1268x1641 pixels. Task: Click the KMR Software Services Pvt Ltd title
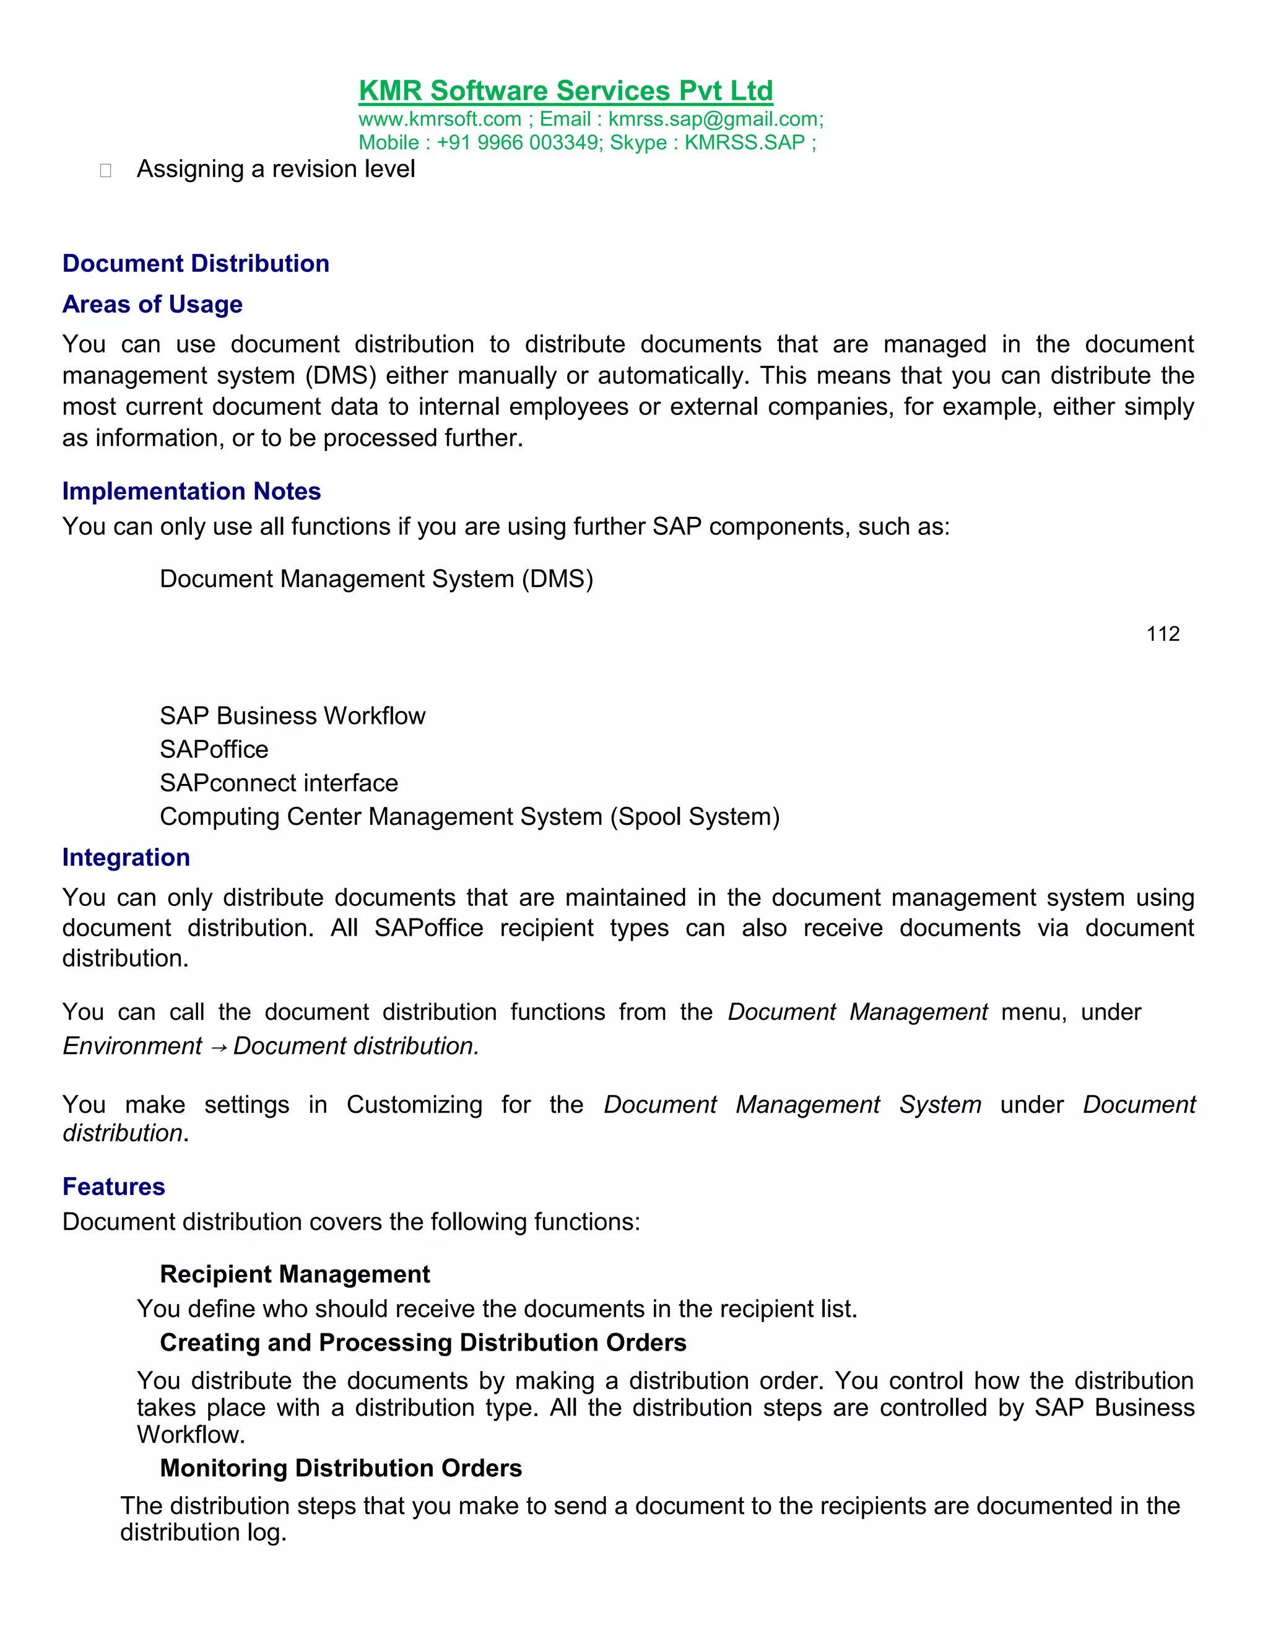click(x=566, y=91)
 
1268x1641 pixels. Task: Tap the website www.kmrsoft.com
click(x=440, y=119)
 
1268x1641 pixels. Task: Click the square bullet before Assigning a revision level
click(x=105, y=170)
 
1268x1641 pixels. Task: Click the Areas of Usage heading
click(x=152, y=304)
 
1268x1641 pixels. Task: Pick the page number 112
click(x=1162, y=633)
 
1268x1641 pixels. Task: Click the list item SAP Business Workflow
click(x=292, y=715)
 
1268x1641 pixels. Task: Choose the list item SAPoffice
click(x=214, y=749)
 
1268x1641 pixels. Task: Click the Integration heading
click(x=126, y=857)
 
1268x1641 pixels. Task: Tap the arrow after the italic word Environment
click(x=217, y=1047)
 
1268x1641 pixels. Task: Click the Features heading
click(x=113, y=1186)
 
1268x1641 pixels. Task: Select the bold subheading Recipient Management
click(x=295, y=1274)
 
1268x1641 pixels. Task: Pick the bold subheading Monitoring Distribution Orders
click(x=341, y=1468)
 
